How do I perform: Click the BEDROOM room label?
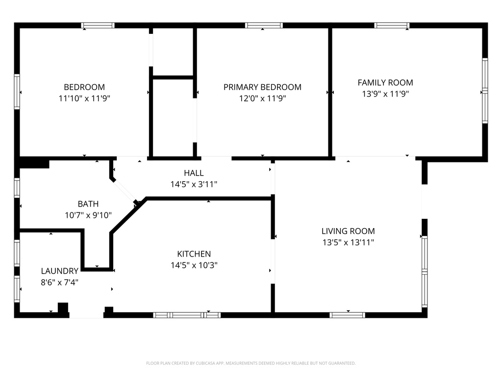tap(84, 87)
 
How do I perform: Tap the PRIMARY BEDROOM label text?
tap(262, 87)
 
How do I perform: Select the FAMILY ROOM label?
tap(385, 83)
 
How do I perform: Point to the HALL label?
tap(194, 173)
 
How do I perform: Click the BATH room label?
tap(88, 204)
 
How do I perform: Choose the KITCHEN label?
tap(194, 254)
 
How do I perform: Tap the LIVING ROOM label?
tap(348, 231)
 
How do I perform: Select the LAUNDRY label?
tap(59, 271)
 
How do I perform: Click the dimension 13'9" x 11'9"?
tap(385, 94)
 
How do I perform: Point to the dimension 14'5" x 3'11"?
tap(194, 184)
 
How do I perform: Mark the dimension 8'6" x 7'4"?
tap(59, 282)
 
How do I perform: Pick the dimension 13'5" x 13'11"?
tap(348, 242)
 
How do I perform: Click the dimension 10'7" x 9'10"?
tap(88, 215)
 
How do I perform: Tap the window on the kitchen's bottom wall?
tap(187, 315)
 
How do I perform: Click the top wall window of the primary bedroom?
tap(264, 25)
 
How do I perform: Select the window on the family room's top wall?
tap(392, 25)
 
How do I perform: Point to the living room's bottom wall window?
tap(348, 315)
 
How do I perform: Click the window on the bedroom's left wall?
tap(17, 92)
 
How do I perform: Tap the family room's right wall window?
tap(484, 91)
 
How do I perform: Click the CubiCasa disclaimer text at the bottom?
tap(251, 363)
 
